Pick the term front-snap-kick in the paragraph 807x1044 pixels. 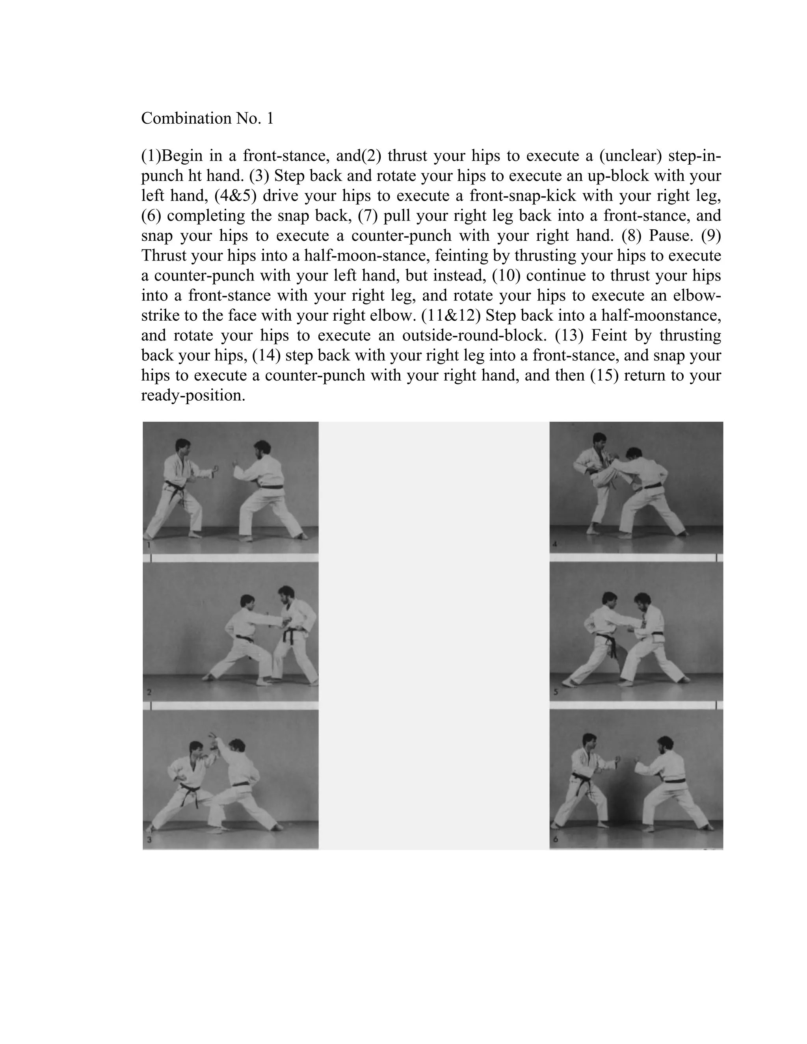point(523,196)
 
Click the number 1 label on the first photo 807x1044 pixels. point(149,545)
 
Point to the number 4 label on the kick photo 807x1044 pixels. point(554,544)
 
